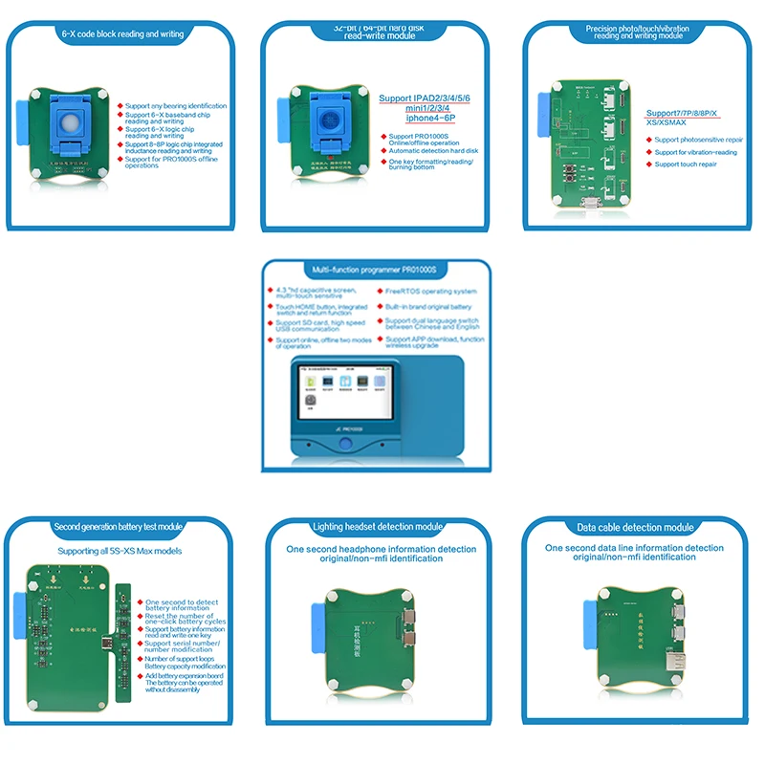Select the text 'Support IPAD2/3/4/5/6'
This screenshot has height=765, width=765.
pos(425,98)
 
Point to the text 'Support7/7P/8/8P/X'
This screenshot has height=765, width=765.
pos(682,113)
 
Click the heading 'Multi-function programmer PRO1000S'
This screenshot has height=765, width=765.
pos(382,272)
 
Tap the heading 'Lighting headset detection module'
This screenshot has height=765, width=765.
pos(378,527)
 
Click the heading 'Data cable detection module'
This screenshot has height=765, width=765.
pos(635,527)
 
